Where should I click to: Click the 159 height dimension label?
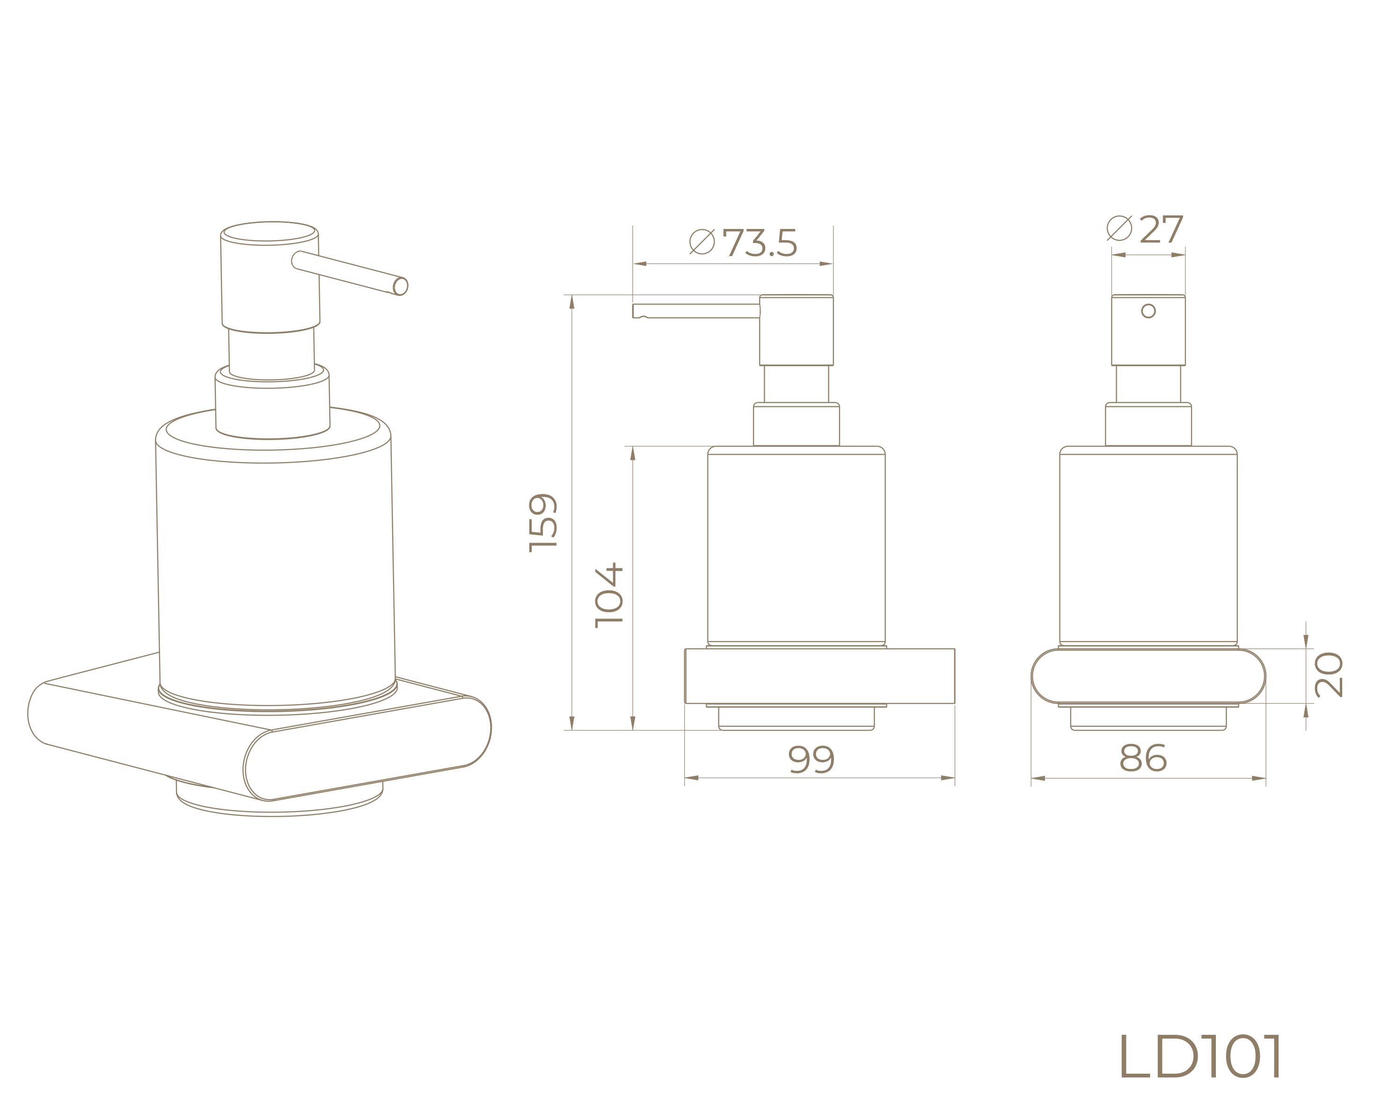(543, 523)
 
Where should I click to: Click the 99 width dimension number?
(812, 760)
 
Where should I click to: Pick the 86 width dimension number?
(1143, 759)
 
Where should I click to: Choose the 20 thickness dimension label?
(1328, 674)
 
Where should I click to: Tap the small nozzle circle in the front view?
(1148, 311)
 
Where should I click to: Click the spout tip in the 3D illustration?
(401, 286)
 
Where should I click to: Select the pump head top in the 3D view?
(269, 232)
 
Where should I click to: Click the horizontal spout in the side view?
(695, 311)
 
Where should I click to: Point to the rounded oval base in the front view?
(1148, 677)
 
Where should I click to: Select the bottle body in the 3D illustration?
(276, 571)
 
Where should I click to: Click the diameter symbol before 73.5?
(702, 242)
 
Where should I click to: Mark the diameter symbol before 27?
(1119, 228)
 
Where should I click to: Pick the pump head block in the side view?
(796, 330)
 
